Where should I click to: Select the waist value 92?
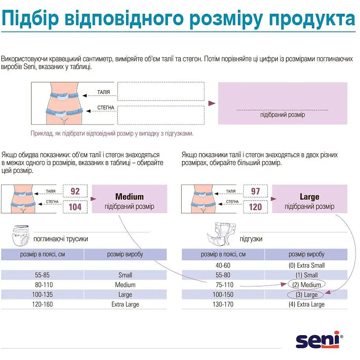tap(75, 191)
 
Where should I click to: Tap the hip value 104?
tap(75, 206)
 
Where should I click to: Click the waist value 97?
tap(255, 191)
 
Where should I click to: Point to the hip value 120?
tap(255, 206)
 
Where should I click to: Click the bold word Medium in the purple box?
tap(129, 197)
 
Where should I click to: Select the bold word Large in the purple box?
tap(309, 197)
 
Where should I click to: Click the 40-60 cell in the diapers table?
tap(223, 265)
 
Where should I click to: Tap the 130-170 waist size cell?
tap(223, 304)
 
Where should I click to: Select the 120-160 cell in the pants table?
tap(43, 304)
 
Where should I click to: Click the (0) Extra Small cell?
tap(306, 265)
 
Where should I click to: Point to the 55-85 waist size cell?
tap(43, 275)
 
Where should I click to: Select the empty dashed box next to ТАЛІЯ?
tap(161, 91)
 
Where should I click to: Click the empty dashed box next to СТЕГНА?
tap(161, 115)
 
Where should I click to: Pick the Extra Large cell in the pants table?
tap(125, 304)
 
